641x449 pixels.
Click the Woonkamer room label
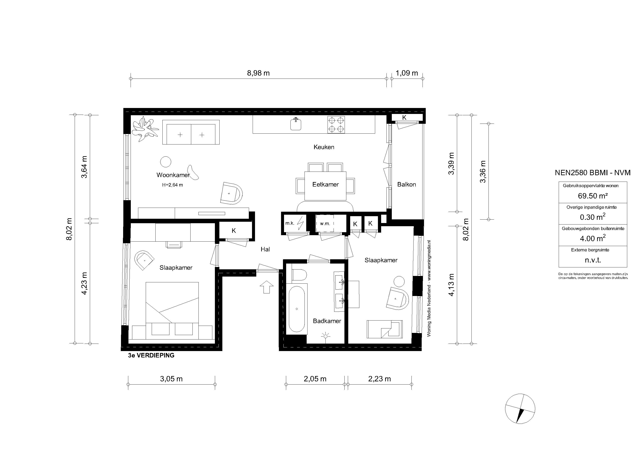[x=173, y=175]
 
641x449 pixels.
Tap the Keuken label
[x=324, y=147]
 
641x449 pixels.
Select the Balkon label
[x=406, y=185]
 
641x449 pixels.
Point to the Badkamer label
[x=327, y=321]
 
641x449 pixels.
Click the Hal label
[x=265, y=249]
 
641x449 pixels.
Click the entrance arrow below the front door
[x=267, y=287]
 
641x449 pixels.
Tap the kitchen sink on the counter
[x=296, y=124]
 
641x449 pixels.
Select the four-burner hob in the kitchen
[x=336, y=125]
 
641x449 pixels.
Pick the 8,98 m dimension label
[x=258, y=73]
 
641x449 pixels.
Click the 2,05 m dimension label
[x=315, y=379]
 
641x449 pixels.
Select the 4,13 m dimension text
[x=451, y=285]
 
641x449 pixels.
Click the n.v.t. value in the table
[x=593, y=260]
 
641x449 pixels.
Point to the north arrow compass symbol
[x=520, y=409]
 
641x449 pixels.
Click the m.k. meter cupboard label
[x=290, y=223]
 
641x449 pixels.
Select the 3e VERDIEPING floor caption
[x=151, y=356]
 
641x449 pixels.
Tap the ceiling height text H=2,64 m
[x=173, y=185]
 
